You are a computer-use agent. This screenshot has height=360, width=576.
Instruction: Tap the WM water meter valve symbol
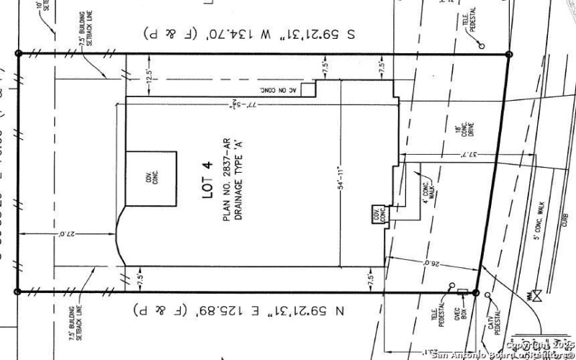pyautogui.click(x=537, y=294)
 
